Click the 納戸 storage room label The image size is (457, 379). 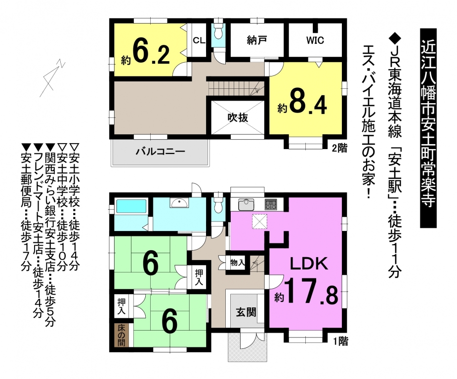(x=256, y=40)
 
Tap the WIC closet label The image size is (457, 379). (x=315, y=40)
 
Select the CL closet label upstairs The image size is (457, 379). (x=199, y=40)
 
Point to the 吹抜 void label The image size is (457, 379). (x=238, y=117)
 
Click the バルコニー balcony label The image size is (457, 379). (x=161, y=152)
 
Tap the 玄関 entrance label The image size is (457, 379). (x=246, y=312)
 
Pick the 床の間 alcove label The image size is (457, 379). (x=122, y=336)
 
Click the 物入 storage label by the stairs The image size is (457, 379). (x=238, y=263)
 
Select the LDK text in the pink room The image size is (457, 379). (x=309, y=264)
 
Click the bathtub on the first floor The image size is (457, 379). (x=131, y=206)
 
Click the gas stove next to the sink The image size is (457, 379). (x=271, y=204)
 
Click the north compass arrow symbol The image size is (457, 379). (x=51, y=78)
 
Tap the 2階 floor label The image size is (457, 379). (x=340, y=149)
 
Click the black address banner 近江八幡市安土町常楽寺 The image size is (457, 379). (x=428, y=128)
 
